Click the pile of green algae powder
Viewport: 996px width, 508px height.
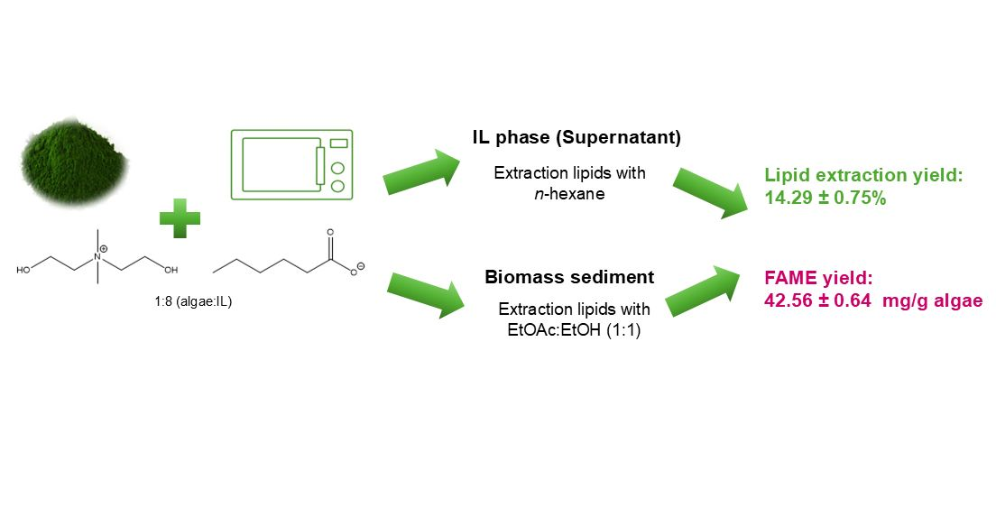pyautogui.click(x=69, y=162)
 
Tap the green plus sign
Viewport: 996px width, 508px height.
pyautogui.click(x=180, y=217)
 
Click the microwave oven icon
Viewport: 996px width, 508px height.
pyautogui.click(x=291, y=163)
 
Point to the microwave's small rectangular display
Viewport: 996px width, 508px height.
pyautogui.click(x=338, y=143)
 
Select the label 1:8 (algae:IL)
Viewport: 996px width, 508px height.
pyautogui.click(x=192, y=301)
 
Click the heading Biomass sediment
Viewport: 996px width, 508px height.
pyautogui.click(x=569, y=276)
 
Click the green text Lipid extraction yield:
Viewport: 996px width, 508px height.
pyautogui.click(x=863, y=176)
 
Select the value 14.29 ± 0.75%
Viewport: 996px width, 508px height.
pyautogui.click(x=825, y=198)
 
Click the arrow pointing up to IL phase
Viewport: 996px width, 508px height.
pyautogui.click(x=416, y=174)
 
